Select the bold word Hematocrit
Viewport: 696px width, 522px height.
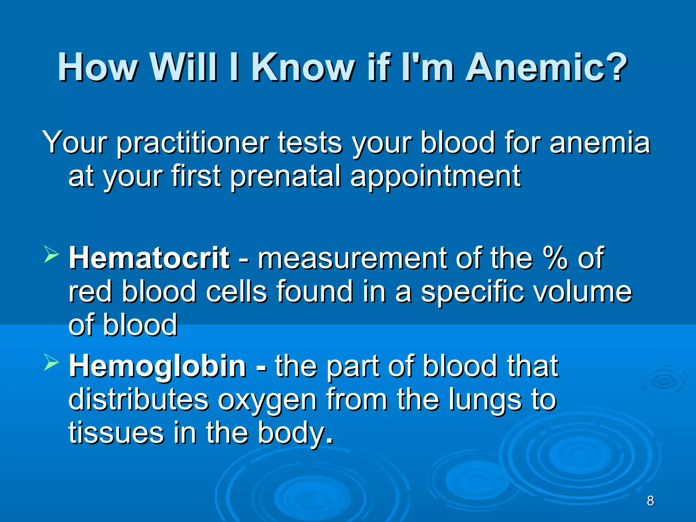pos(149,258)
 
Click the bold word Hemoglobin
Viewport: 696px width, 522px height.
pos(157,366)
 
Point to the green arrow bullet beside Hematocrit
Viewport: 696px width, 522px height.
pos(51,255)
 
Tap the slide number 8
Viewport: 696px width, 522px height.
pos(650,501)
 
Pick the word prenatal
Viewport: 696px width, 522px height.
pos(285,176)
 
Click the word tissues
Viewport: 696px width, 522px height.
pos(116,433)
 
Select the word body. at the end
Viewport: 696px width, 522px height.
pos(295,434)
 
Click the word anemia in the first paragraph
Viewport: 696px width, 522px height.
pos(599,143)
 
